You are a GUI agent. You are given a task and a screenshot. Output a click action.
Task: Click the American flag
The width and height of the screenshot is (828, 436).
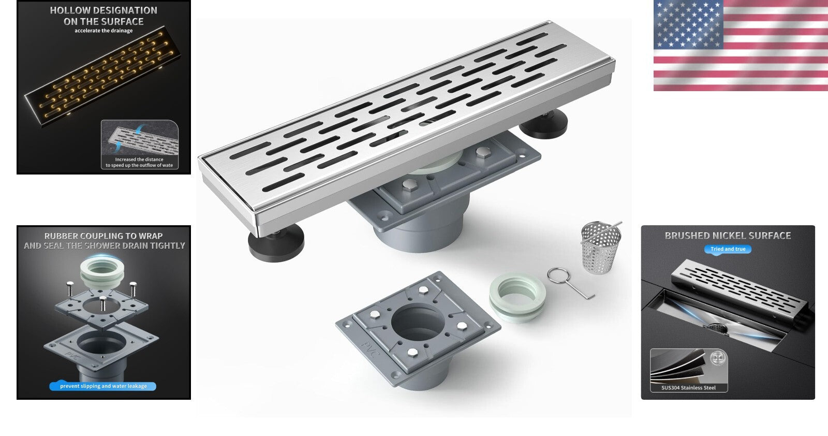[x=740, y=46]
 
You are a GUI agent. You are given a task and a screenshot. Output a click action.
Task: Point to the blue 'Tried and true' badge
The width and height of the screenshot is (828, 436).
[x=728, y=249]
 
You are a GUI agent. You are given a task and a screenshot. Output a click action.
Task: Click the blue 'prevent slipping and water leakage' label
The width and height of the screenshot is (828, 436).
[x=103, y=386]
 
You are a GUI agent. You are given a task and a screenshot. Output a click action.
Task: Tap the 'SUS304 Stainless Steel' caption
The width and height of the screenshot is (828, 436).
[x=688, y=387]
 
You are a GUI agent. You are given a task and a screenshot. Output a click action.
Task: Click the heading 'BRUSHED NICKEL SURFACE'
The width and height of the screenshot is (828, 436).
[x=728, y=236]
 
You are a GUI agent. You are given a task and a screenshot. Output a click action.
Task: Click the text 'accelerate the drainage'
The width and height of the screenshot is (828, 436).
[x=103, y=31]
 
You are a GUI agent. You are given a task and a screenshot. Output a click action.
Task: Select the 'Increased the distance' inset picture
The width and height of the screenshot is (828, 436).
[x=139, y=144]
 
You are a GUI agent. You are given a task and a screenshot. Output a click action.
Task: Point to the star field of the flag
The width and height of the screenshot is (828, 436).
[x=687, y=23]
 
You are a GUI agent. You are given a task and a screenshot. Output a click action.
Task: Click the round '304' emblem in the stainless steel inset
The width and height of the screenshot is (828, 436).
[x=717, y=358]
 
